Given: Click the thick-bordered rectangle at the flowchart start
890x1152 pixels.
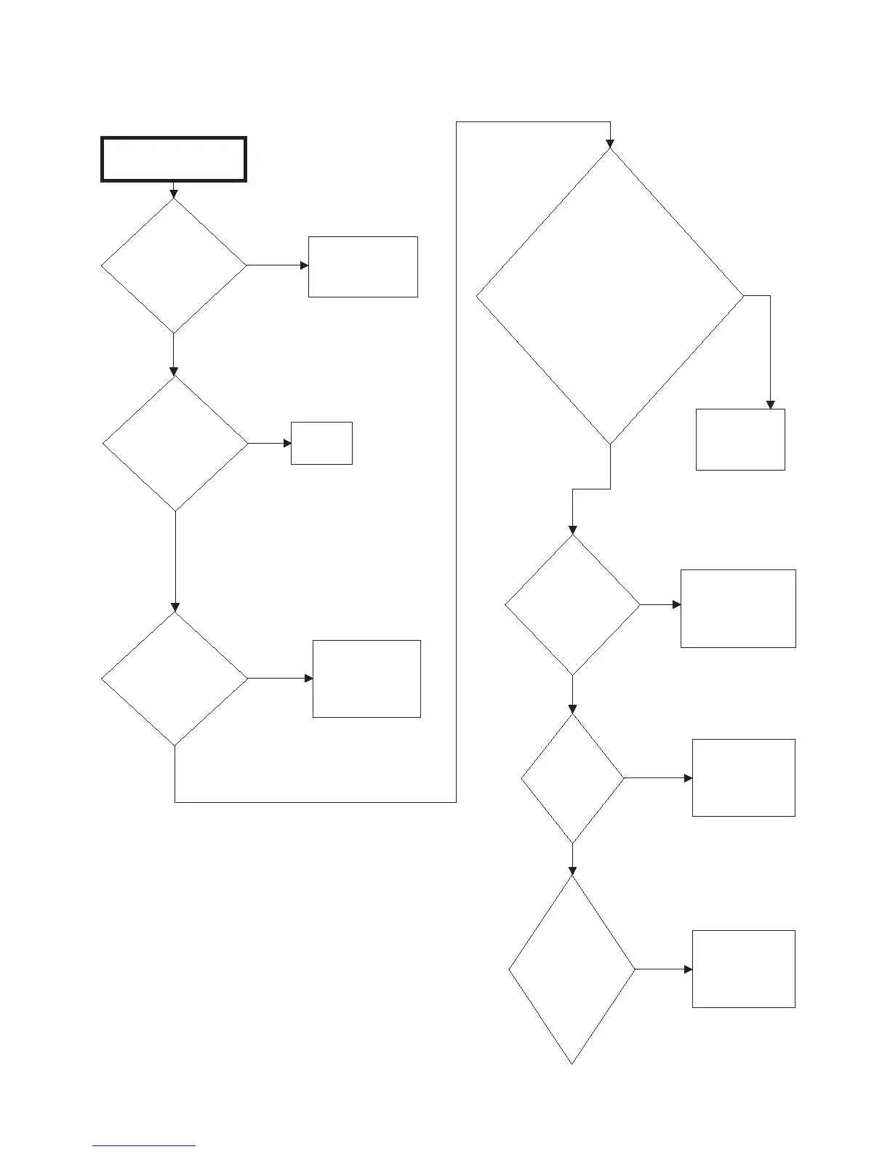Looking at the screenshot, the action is click(174, 159).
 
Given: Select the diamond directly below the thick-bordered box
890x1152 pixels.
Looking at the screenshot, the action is click(174, 265).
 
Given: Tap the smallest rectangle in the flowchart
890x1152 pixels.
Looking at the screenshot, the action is click(321, 443).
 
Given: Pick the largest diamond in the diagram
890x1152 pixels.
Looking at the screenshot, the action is click(610, 296).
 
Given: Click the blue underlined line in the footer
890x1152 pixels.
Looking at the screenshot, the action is click(144, 1145).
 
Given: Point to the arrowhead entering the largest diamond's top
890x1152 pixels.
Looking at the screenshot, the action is click(610, 143).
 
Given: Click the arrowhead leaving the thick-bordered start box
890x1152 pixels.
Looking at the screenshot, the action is click(174, 193).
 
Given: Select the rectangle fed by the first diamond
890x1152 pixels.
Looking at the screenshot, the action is click(363, 266).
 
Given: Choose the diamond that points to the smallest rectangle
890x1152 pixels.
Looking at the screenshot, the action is click(175, 443).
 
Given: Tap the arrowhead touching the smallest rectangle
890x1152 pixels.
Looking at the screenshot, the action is click(287, 443).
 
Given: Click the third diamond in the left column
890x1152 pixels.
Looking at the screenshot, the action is click(175, 679).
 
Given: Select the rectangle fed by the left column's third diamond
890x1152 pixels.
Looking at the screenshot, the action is click(366, 679).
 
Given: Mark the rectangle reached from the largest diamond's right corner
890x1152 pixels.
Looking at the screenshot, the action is click(740, 439).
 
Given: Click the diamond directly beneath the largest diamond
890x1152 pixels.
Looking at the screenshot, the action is click(572, 604).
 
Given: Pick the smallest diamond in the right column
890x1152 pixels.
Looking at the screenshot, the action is click(572, 778).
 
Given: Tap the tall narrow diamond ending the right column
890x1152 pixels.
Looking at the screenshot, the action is click(572, 969).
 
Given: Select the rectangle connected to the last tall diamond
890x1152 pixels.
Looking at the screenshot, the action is click(743, 969).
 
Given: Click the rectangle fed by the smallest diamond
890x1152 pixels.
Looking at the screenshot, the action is click(743, 777).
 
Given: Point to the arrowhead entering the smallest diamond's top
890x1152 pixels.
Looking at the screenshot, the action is click(572, 709).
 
